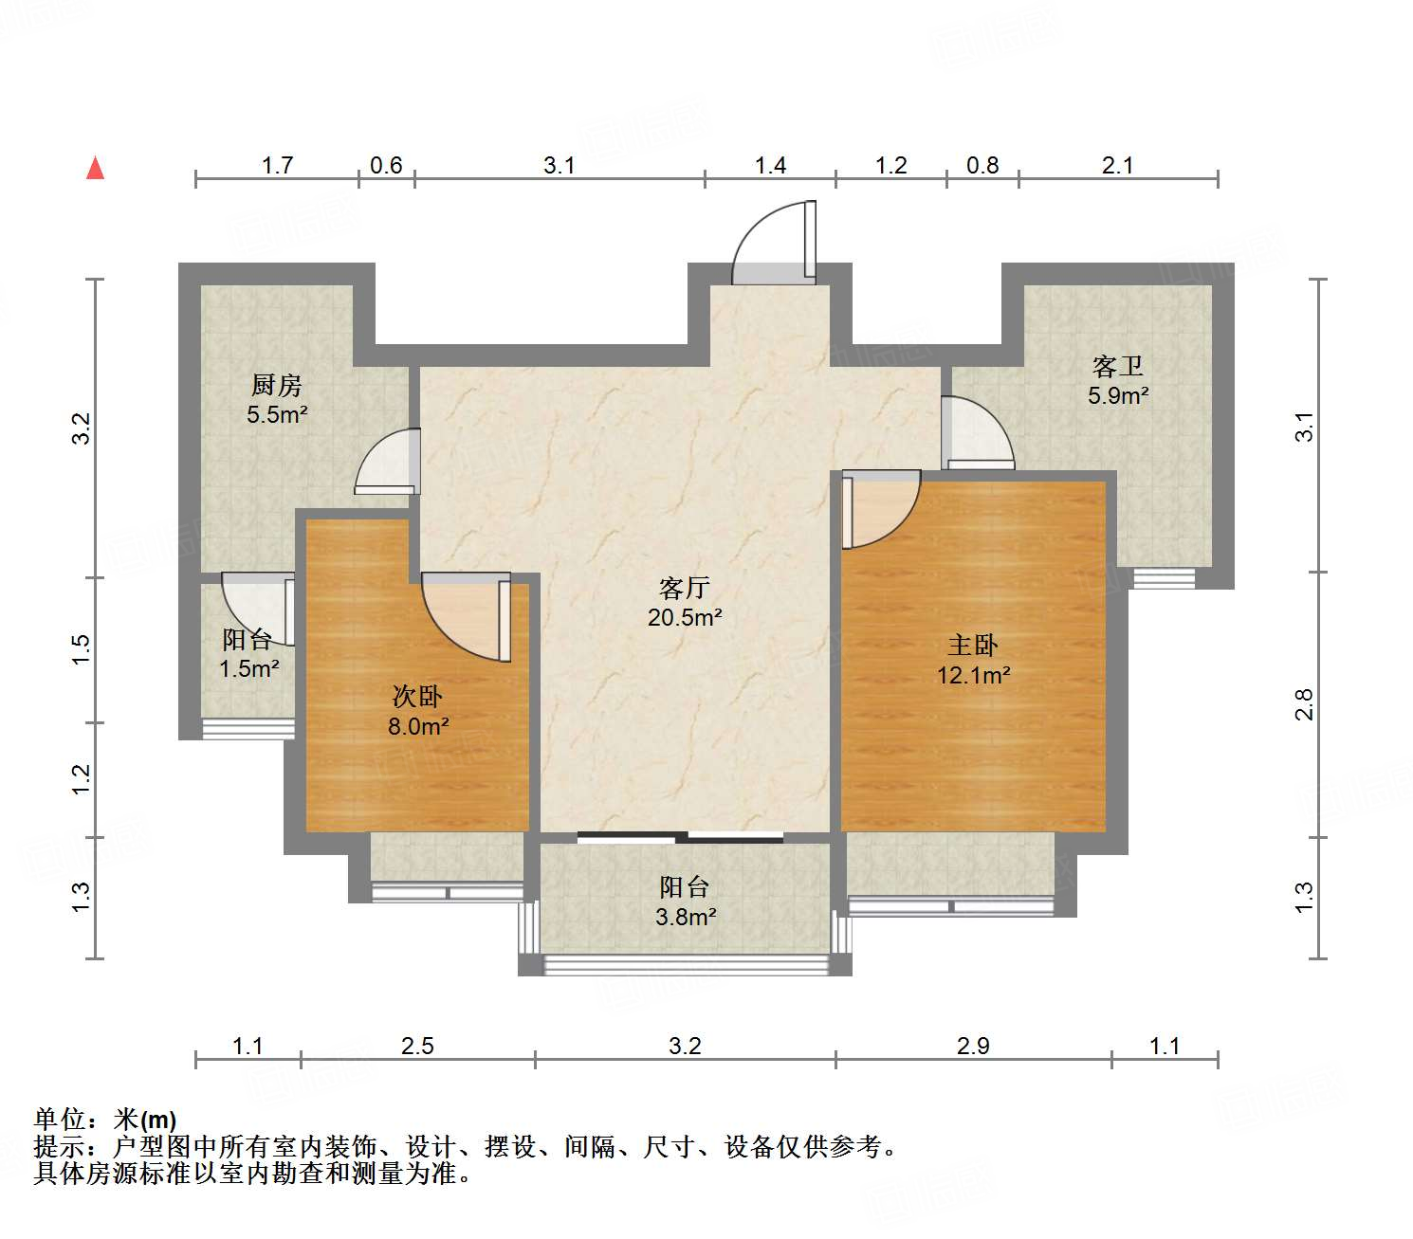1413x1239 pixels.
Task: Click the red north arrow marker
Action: click(x=95, y=169)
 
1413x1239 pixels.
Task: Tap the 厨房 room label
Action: click(x=277, y=385)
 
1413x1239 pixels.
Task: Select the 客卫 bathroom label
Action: click(x=1118, y=366)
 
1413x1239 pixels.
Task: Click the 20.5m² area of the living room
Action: click(x=685, y=618)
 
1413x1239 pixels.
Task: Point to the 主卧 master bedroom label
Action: click(x=973, y=646)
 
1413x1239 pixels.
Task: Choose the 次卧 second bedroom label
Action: click(x=417, y=697)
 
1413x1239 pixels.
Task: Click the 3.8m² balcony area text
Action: click(x=685, y=917)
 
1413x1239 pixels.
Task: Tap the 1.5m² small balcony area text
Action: click(x=248, y=669)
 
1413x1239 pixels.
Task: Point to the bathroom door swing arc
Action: click(x=977, y=432)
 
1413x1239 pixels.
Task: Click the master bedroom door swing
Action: click(x=882, y=509)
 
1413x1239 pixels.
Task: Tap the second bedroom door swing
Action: click(x=465, y=616)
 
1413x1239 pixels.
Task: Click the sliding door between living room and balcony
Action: click(x=681, y=837)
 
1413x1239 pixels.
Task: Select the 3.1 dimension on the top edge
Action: click(x=560, y=166)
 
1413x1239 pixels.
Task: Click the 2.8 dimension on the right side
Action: click(x=1305, y=704)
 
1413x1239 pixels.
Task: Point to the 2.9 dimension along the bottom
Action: click(x=973, y=1046)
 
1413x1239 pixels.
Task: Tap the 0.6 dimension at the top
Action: click(x=386, y=166)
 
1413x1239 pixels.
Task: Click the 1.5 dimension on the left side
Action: click(x=83, y=648)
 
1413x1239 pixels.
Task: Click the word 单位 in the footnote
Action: click(x=59, y=1121)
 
